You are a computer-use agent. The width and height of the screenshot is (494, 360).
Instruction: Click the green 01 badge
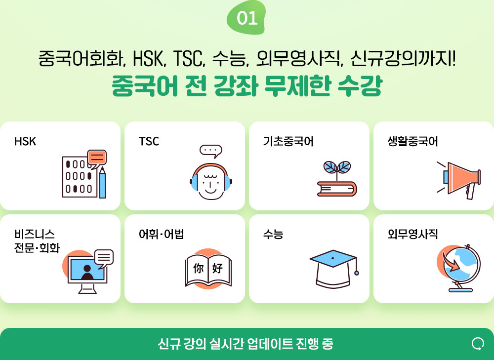tap(247, 18)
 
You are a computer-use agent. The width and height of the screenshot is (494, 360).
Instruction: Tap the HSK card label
tap(25, 141)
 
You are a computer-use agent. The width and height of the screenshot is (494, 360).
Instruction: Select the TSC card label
tap(149, 141)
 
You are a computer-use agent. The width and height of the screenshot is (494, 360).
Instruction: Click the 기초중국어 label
tap(288, 141)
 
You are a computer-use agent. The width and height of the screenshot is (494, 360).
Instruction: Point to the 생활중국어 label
tap(412, 141)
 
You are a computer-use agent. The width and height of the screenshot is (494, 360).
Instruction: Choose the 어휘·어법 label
tap(162, 234)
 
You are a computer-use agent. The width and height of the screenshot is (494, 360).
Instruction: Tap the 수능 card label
tap(273, 234)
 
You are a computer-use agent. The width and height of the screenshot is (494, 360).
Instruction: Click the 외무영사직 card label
tap(412, 234)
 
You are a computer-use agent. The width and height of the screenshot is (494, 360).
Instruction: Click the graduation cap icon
tap(334, 268)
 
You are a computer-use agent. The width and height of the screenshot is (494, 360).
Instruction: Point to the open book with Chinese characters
tap(208, 269)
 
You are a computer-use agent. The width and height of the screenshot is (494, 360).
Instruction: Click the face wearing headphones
tap(211, 181)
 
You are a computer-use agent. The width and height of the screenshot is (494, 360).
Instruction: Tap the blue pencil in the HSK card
tap(102, 183)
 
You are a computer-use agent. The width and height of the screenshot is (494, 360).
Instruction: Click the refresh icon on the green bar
tap(478, 344)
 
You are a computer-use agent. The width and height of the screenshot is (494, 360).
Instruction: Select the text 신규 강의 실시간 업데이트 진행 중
tap(246, 344)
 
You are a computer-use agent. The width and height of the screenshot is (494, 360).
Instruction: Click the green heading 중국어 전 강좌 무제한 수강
tap(247, 85)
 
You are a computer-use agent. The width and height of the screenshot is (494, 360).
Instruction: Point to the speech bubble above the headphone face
tap(211, 151)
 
